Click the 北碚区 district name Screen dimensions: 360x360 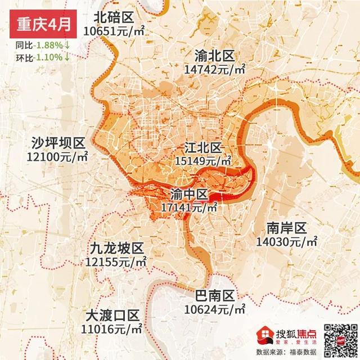[116, 16]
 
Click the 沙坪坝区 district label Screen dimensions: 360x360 [57, 142]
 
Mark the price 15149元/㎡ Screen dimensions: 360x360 [203, 161]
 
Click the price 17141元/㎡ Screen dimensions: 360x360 [189, 208]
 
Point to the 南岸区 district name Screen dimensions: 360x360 [286, 228]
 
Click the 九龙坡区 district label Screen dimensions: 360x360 [116, 247]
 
